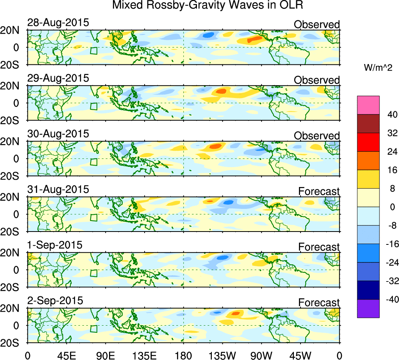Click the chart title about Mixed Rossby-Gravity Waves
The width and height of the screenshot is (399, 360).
[207, 5]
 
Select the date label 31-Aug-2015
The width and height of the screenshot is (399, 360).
[58, 189]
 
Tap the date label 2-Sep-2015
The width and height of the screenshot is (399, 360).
[55, 301]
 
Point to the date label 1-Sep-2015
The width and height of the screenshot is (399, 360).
[55, 245]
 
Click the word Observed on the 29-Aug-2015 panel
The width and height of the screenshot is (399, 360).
[317, 80]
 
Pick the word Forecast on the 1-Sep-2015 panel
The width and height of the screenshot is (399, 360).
[319, 247]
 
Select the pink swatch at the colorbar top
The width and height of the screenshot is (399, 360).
[368, 105]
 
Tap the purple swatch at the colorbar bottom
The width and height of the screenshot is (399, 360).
[368, 308]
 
